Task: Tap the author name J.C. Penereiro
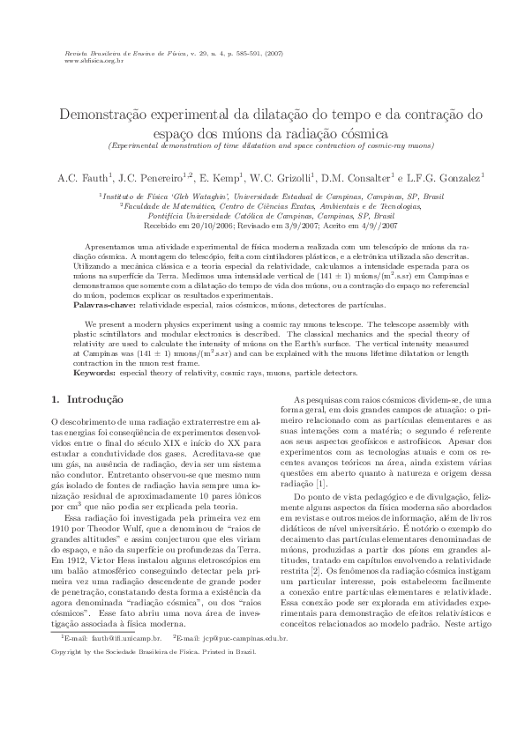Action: click(148, 177)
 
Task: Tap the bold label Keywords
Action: click(94, 374)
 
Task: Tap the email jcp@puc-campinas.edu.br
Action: click(249, 661)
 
